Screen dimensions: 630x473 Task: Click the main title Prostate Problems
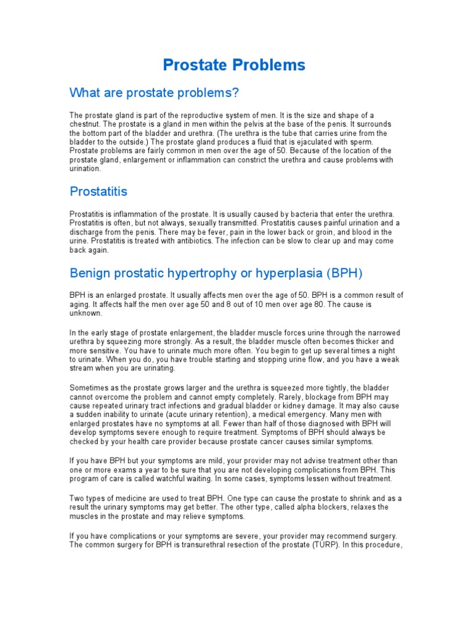[234, 65]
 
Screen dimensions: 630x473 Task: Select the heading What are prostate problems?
[154, 93]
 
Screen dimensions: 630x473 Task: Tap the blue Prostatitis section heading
[99, 191]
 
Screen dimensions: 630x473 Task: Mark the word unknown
[87, 313]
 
